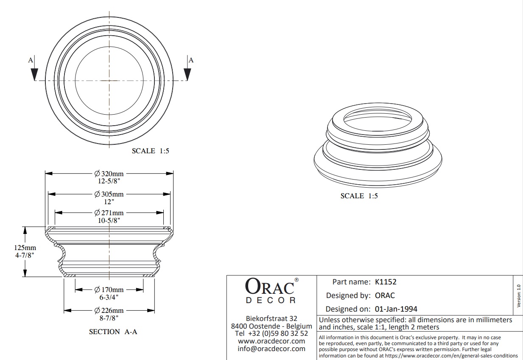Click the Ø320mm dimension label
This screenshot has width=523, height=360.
109,173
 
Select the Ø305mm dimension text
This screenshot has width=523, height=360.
109,194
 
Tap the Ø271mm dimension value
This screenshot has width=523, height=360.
109,213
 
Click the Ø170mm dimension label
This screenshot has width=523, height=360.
109,290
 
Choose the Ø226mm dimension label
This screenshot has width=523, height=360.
109,310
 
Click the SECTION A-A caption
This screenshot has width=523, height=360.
113,332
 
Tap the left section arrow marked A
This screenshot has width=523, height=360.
34,70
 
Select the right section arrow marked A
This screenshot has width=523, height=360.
187,70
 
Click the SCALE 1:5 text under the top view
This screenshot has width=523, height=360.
150,151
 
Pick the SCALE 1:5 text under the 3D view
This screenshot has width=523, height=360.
359,196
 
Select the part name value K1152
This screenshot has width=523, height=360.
386,281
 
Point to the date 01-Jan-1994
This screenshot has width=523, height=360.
396,309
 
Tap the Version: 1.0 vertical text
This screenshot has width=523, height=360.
518,296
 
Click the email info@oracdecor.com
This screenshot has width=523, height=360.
271,349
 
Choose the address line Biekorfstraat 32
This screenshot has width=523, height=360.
271,318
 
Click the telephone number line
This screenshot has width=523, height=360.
271,334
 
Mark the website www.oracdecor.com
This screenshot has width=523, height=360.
271,341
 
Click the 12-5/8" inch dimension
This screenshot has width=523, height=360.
109,181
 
